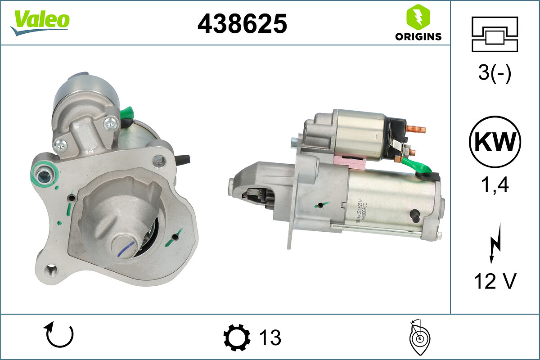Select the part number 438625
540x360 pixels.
242,23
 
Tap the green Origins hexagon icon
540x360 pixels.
418,17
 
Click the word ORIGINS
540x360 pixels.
418,37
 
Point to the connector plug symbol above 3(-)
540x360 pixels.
495,34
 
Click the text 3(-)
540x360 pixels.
495,73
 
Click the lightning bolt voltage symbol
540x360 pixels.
495,247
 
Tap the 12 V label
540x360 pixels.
495,282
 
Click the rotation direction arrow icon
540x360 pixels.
58,336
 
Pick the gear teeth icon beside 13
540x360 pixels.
237,337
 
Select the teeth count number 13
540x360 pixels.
270,337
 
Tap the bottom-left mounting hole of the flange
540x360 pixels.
52,271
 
